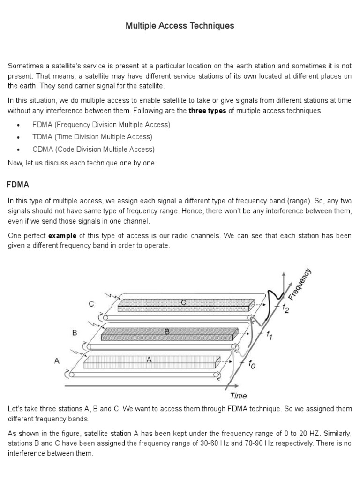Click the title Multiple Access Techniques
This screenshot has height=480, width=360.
(180, 26)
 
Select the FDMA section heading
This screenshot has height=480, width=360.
(18, 185)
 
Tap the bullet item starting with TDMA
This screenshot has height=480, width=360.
(92, 137)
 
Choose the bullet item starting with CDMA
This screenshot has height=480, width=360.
(93, 150)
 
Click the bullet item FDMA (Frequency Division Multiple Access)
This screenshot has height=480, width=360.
(101, 125)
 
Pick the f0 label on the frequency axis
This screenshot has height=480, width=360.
(251, 363)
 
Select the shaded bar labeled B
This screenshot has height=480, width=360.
(168, 334)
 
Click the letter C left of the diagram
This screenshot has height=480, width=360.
(91, 304)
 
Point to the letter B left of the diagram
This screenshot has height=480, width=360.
(74, 333)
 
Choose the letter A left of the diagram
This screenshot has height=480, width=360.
(57, 360)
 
